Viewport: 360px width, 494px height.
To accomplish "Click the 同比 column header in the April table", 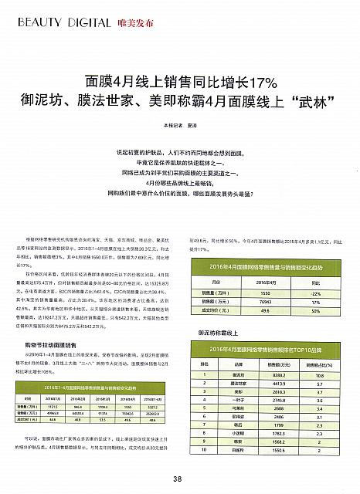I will coord(315,283).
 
